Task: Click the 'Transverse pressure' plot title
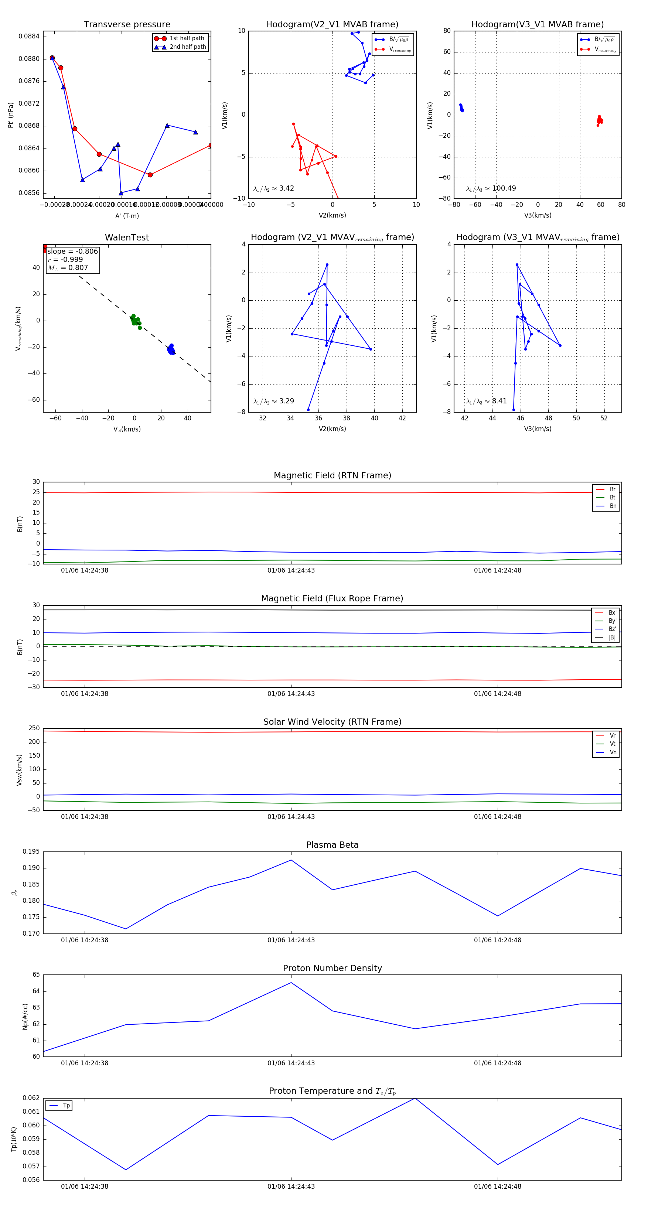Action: [127, 25]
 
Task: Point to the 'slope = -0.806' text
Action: [72, 251]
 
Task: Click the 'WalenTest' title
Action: [127, 238]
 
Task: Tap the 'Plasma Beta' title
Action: [332, 845]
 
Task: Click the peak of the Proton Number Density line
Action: [291, 983]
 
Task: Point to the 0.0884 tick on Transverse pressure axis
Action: [29, 37]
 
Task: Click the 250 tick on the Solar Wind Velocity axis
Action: [34, 728]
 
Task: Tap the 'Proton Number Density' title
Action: [332, 968]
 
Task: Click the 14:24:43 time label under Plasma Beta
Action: [291, 940]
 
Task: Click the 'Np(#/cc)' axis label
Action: [25, 1017]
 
